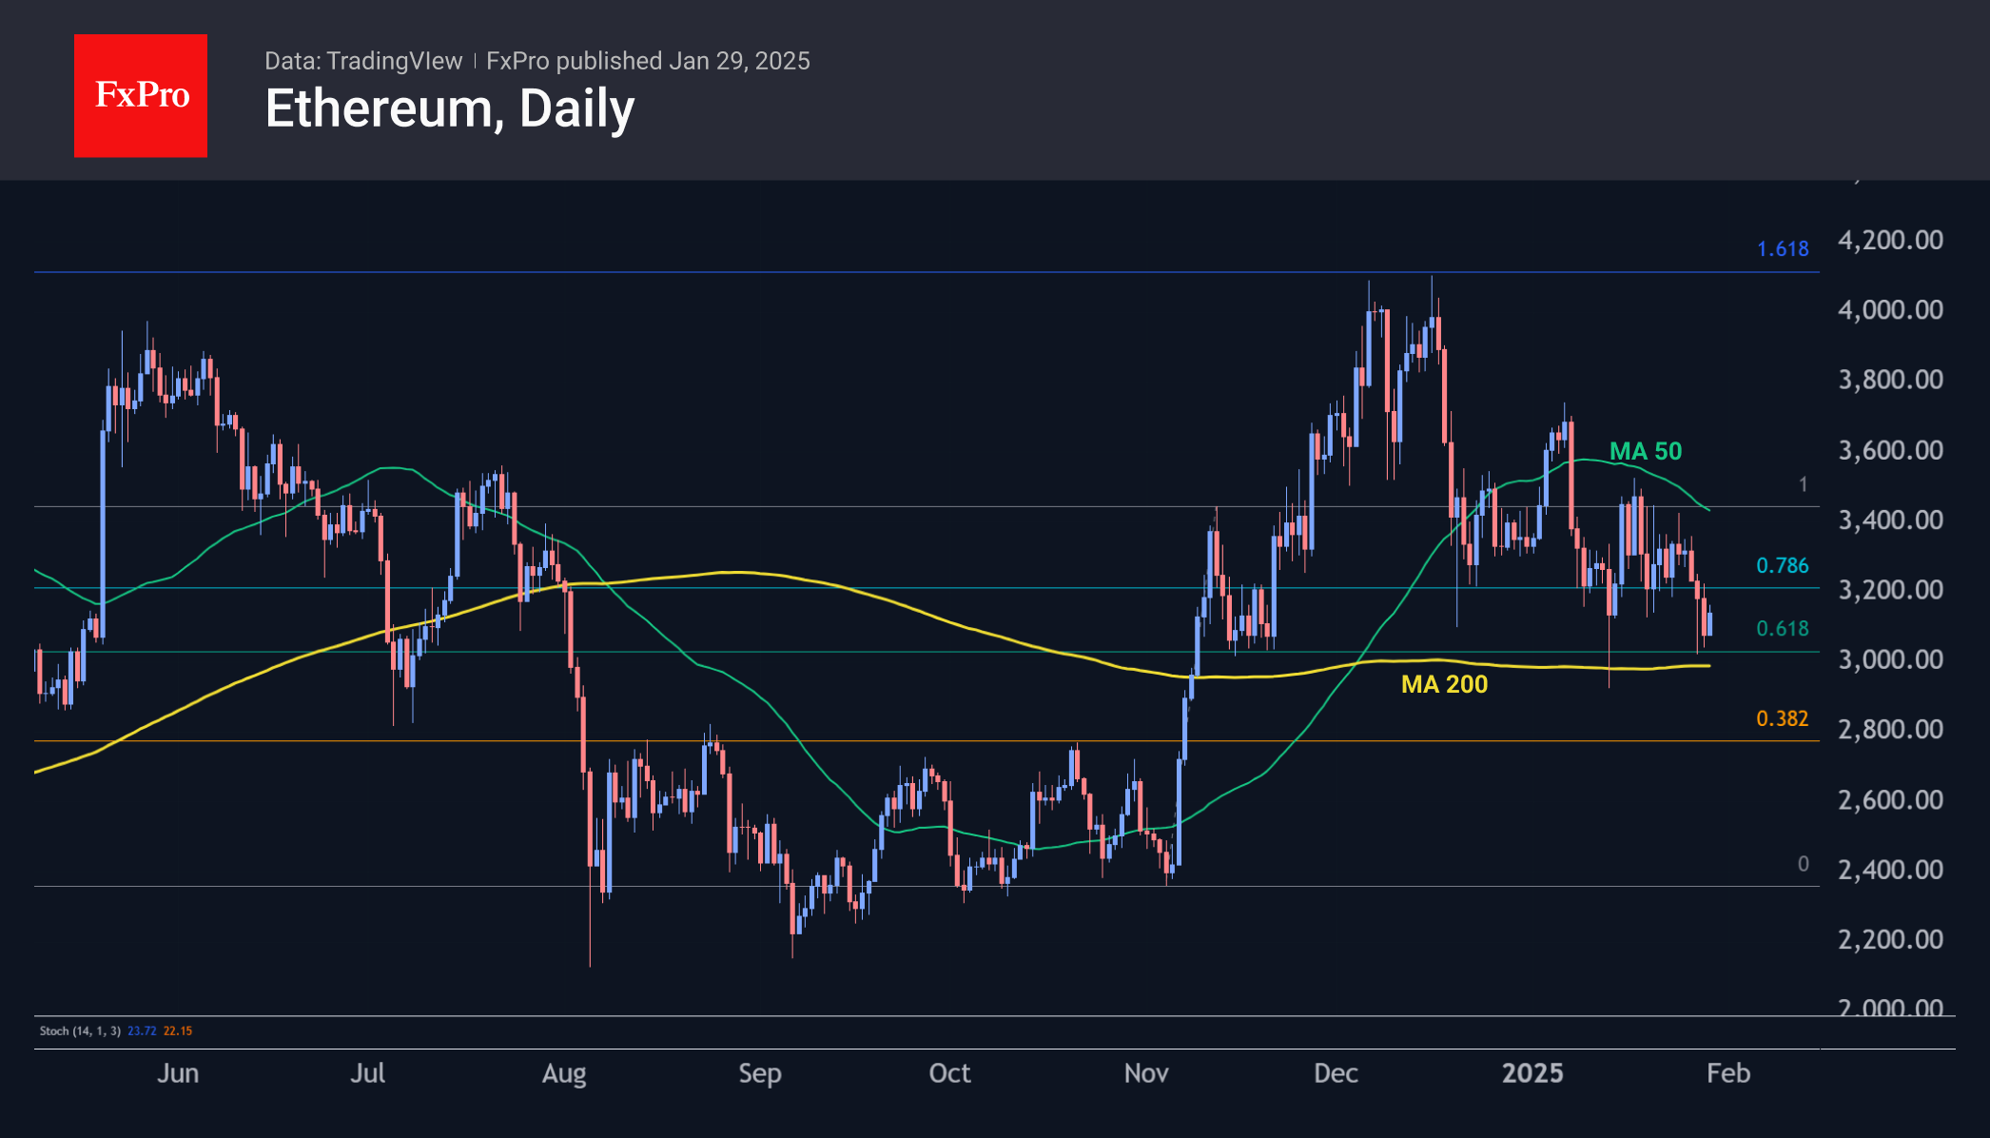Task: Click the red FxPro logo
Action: (x=141, y=95)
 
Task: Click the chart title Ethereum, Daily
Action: (x=449, y=108)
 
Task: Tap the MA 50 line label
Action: (x=1645, y=451)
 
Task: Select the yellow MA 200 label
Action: (x=1444, y=684)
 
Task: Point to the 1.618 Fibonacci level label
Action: (x=1782, y=249)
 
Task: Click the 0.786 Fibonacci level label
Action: (x=1782, y=565)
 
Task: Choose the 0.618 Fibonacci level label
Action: (x=1782, y=628)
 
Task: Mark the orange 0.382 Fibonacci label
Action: (x=1782, y=718)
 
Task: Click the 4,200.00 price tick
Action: (x=1890, y=240)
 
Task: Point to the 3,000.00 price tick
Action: (x=1890, y=659)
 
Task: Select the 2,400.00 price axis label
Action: (x=1890, y=870)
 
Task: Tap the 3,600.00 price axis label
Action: (x=1890, y=450)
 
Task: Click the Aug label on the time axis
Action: (x=564, y=1073)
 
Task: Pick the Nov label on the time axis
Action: (x=1146, y=1073)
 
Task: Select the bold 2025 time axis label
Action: (x=1532, y=1073)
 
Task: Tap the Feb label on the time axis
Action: (x=1728, y=1073)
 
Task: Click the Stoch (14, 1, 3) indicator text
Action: (x=80, y=1030)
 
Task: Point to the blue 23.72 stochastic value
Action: (x=142, y=1030)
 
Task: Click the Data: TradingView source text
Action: (x=363, y=61)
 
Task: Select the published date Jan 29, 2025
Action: (x=739, y=61)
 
